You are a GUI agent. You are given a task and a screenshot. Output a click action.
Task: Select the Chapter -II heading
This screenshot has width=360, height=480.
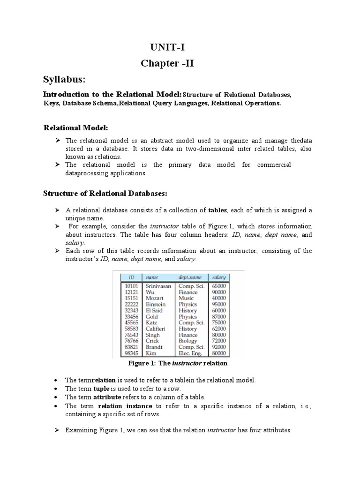click(x=167, y=63)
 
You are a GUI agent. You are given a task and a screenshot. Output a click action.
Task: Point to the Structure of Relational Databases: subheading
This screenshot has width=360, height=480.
click(x=105, y=193)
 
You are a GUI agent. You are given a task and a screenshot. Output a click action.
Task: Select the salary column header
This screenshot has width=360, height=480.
click(x=219, y=277)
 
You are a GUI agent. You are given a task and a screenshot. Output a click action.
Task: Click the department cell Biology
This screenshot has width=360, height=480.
click(x=187, y=341)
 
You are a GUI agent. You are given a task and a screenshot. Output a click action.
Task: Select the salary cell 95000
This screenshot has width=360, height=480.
click(x=219, y=304)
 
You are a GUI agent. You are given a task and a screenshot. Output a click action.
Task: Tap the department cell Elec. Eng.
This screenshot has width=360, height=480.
click(x=191, y=353)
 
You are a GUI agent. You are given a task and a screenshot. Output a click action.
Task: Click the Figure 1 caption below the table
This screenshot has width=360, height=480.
click(x=178, y=363)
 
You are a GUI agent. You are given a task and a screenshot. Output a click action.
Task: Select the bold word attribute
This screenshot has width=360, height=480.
click(x=108, y=397)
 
